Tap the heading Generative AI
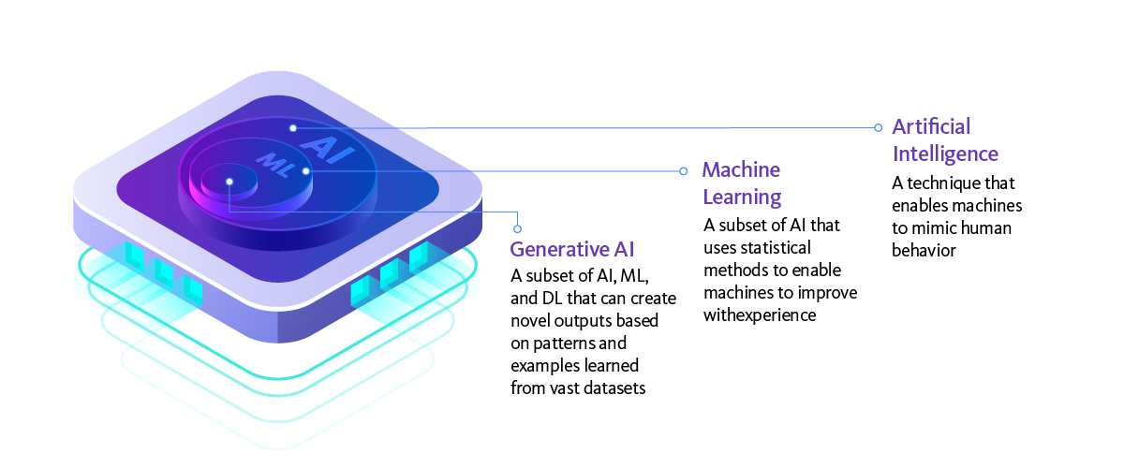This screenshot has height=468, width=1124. coord(572,249)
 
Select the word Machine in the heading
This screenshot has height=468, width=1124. coord(741,169)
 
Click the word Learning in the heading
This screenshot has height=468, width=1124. coord(742,197)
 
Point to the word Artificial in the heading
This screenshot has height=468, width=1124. coord(931,126)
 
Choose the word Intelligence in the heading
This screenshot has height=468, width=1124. coord(945,154)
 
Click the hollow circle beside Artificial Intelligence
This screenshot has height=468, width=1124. coord(878,127)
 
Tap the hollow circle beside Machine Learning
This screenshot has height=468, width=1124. coord(682,171)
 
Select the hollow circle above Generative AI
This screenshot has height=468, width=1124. coord(517,227)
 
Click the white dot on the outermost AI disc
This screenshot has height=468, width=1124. coord(292,127)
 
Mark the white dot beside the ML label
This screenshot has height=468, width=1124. coord(305,170)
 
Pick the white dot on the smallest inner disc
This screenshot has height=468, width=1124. coord(229,182)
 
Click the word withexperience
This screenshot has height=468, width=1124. coord(760,315)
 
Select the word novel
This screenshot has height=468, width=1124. coord(530,320)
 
